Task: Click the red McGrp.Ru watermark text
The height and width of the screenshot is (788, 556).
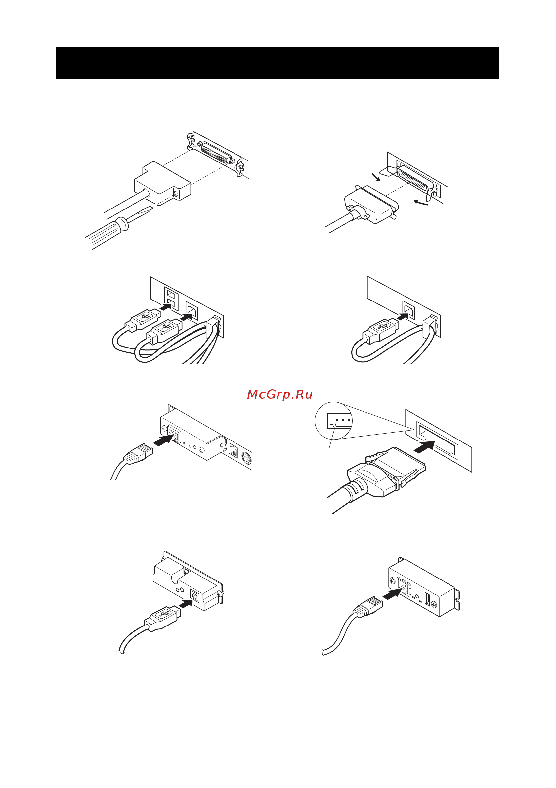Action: tap(279, 394)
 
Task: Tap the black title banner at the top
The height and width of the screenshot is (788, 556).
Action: tap(278, 63)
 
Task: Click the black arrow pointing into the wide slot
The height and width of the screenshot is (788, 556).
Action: tap(425, 446)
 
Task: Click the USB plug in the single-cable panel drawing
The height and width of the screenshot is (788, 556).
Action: tap(381, 330)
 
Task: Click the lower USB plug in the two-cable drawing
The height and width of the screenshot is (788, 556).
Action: tap(164, 331)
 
